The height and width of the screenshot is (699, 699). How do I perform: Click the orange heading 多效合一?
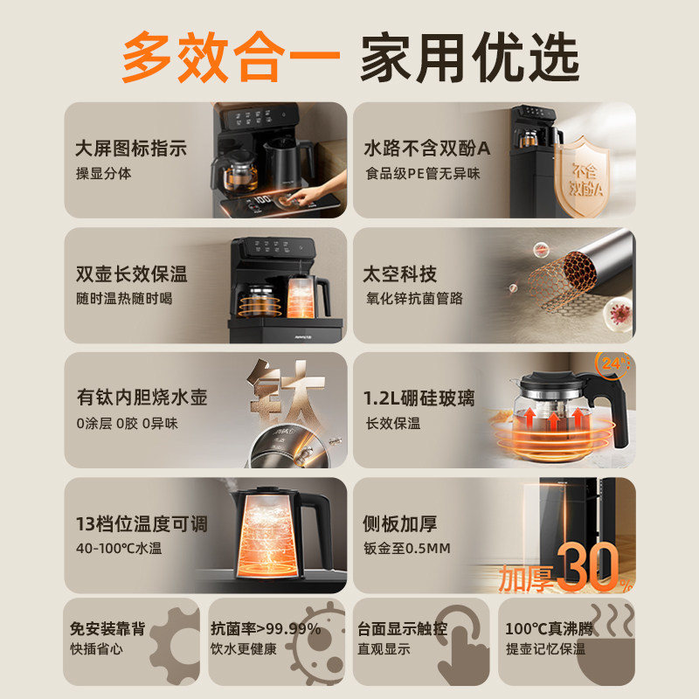[x=231, y=57]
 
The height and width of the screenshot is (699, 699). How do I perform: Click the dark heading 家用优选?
[x=470, y=57]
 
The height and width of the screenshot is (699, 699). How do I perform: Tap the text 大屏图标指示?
[x=131, y=149]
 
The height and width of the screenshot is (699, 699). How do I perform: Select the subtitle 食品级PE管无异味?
[x=423, y=173]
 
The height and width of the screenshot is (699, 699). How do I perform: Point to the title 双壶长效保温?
[x=132, y=273]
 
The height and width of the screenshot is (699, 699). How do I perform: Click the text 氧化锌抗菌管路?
[x=414, y=298]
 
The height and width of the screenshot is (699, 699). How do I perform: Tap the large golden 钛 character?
[x=287, y=391]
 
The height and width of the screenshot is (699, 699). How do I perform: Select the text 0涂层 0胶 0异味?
[x=127, y=423]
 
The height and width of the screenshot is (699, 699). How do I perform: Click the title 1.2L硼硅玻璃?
[x=419, y=398]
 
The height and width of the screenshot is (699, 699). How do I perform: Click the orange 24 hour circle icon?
[x=613, y=363]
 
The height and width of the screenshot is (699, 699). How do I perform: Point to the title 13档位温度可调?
[x=142, y=523]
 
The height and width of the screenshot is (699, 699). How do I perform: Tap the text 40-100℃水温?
[x=119, y=548]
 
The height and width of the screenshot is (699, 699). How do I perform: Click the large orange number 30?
[x=587, y=566]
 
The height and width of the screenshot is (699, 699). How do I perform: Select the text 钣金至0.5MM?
[x=407, y=548]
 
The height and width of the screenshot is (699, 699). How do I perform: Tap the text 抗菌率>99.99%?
[x=266, y=628]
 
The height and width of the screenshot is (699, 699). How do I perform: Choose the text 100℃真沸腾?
[x=549, y=628]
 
